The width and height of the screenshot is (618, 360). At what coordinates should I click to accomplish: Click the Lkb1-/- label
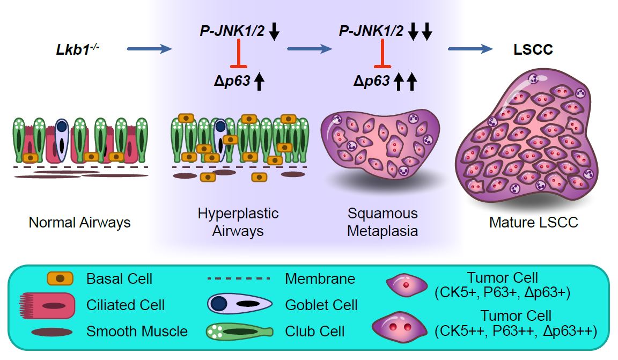pyautogui.click(x=78, y=50)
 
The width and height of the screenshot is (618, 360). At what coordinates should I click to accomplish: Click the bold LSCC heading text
pyautogui.click(x=532, y=50)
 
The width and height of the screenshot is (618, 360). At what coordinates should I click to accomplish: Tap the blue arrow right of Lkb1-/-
pyautogui.click(x=150, y=49)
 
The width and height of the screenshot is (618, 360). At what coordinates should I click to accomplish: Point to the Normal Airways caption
pyautogui.click(x=79, y=222)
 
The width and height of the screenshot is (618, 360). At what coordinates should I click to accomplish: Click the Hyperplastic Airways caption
pyautogui.click(x=238, y=222)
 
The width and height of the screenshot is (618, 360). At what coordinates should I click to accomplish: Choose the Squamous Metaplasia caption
pyautogui.click(x=382, y=222)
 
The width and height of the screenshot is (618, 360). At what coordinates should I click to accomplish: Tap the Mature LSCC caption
pyautogui.click(x=533, y=222)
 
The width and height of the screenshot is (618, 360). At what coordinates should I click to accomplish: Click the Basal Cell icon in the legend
pyautogui.click(x=60, y=278)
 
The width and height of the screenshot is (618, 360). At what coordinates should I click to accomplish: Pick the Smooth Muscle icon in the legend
pyautogui.click(x=52, y=332)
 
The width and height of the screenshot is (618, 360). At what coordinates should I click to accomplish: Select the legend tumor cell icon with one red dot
pyautogui.click(x=407, y=284)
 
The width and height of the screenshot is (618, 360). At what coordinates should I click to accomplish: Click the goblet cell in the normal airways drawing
pyautogui.click(x=63, y=140)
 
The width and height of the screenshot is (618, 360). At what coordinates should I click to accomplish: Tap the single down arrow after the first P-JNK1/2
pyautogui.click(x=274, y=33)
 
